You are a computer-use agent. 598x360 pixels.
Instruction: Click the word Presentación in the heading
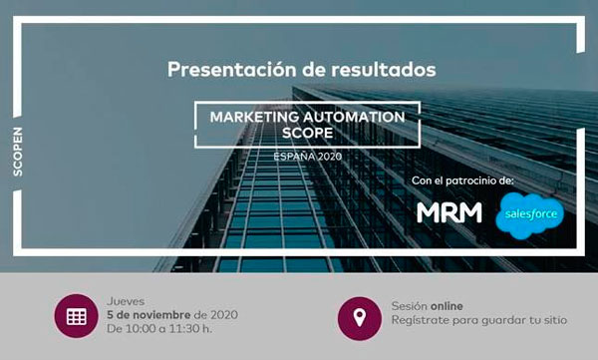coord(224,71)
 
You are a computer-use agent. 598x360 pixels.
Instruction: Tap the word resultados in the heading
coord(381,71)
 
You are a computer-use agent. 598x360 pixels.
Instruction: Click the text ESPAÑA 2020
coord(307,156)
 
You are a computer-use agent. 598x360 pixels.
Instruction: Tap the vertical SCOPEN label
coord(20,151)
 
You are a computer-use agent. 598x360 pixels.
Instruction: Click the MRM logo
coord(448,212)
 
